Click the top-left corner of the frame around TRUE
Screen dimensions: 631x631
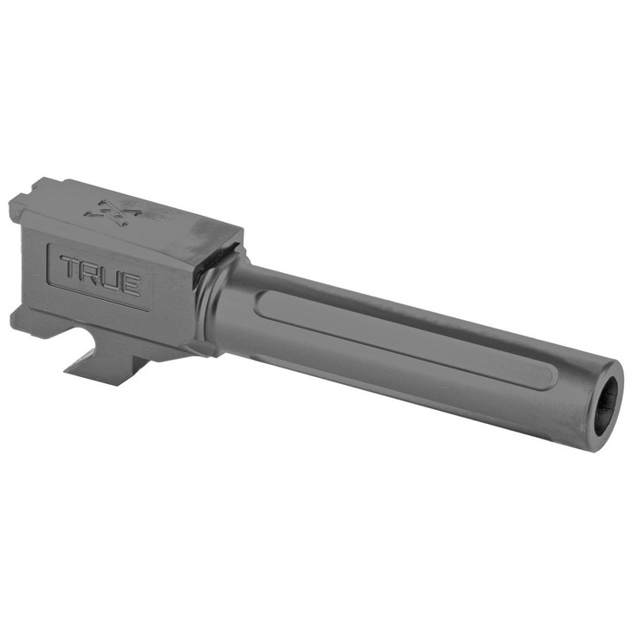50,246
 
